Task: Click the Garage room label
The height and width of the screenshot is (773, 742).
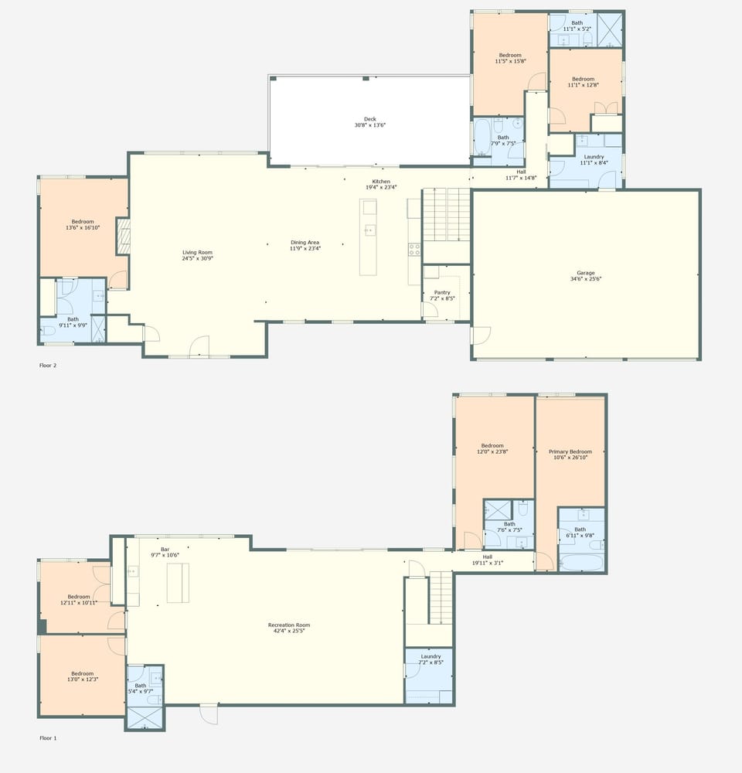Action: [x=585, y=276]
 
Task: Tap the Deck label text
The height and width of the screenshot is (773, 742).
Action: [x=370, y=122]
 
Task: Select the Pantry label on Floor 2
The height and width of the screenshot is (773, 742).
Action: [x=441, y=295]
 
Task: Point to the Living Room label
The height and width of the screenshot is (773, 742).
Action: [x=197, y=255]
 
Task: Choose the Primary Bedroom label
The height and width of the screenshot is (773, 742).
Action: [x=570, y=455]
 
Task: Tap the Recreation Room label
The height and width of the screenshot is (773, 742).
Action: [x=288, y=628]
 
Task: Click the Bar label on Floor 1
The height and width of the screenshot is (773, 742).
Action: [x=164, y=552]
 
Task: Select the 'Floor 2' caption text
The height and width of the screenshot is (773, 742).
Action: [x=48, y=366]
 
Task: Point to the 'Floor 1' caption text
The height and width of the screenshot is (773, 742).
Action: [x=48, y=738]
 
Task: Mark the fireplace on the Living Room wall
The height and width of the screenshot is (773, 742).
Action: [x=122, y=236]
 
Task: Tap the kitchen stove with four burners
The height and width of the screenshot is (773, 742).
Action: [x=414, y=249]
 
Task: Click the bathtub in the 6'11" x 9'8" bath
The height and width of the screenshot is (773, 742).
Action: [x=580, y=561]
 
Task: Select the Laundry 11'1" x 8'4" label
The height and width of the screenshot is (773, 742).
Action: [x=594, y=160]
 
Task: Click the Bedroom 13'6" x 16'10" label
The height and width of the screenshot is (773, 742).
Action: [x=83, y=225]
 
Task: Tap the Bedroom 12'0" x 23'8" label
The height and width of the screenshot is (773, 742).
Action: [x=492, y=448]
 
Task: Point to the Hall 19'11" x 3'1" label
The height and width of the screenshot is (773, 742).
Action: [x=487, y=560]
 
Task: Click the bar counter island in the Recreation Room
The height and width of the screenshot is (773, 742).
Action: [x=179, y=583]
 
